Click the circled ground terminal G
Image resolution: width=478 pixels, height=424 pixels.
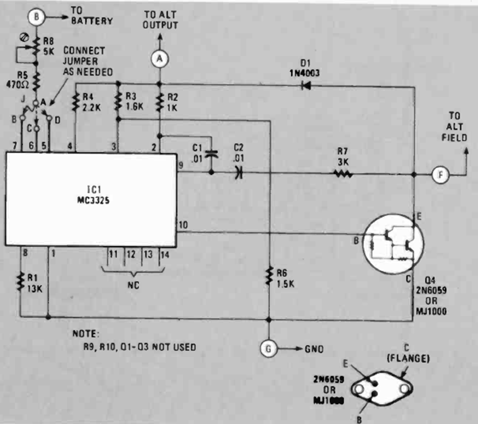[x=268, y=348]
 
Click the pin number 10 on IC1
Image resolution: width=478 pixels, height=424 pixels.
[x=183, y=225]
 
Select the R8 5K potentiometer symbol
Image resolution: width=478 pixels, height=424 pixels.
[x=37, y=47]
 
